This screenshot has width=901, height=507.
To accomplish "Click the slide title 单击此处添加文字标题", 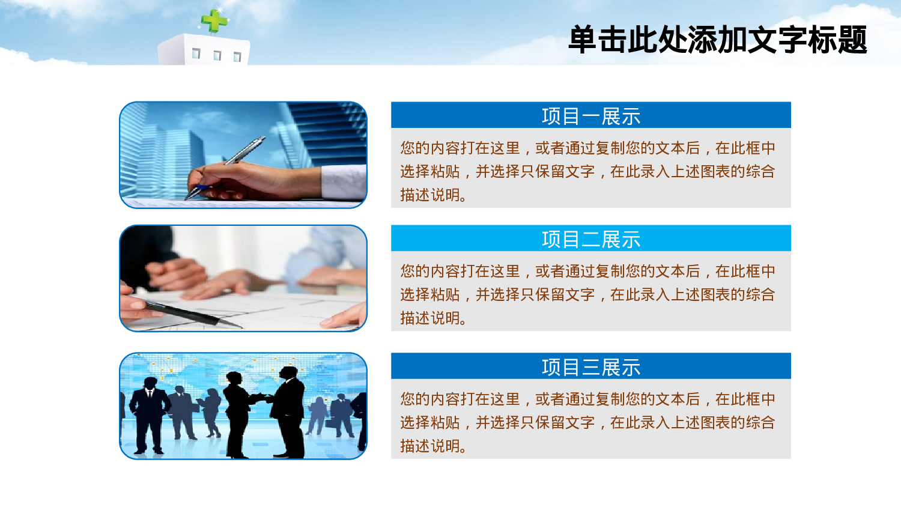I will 717,40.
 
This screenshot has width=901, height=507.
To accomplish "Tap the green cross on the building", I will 213,21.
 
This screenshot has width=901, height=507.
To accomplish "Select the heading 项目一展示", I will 591,116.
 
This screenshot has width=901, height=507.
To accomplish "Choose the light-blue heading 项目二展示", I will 591,239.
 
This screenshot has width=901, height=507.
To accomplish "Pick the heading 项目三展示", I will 591,367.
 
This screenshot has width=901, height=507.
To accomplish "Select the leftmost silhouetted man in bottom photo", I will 149,414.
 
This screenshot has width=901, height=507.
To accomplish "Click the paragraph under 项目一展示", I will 589,171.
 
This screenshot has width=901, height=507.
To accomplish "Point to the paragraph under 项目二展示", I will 589,294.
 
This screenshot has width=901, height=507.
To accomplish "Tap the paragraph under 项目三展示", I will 589,422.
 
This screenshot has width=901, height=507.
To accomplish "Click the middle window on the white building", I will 217,56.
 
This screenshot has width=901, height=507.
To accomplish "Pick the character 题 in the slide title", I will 852,40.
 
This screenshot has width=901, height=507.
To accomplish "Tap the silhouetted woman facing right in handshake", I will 236,414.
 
